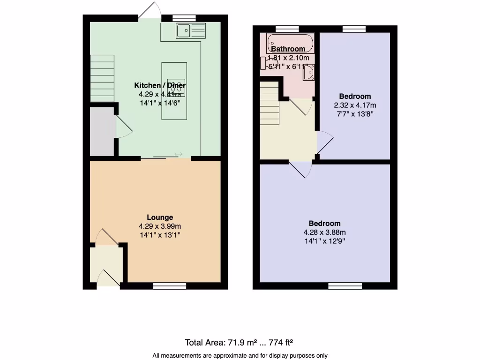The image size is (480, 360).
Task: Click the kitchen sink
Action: (191, 31)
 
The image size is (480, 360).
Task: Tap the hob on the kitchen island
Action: (174, 87)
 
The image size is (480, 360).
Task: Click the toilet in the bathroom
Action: (264, 63)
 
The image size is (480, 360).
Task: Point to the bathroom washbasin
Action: (309, 73)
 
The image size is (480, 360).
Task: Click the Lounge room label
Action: (160, 217)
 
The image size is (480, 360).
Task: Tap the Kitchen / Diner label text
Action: (160, 85)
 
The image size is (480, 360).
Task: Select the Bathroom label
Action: (288, 49)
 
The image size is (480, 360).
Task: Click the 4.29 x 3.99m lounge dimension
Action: (160, 226)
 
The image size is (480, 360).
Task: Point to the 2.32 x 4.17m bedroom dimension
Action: (355, 105)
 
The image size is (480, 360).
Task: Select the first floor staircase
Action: (270, 103)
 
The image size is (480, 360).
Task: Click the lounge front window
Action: (170, 285)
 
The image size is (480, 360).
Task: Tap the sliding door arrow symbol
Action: (179, 154)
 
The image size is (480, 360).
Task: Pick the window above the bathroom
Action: (287, 29)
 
